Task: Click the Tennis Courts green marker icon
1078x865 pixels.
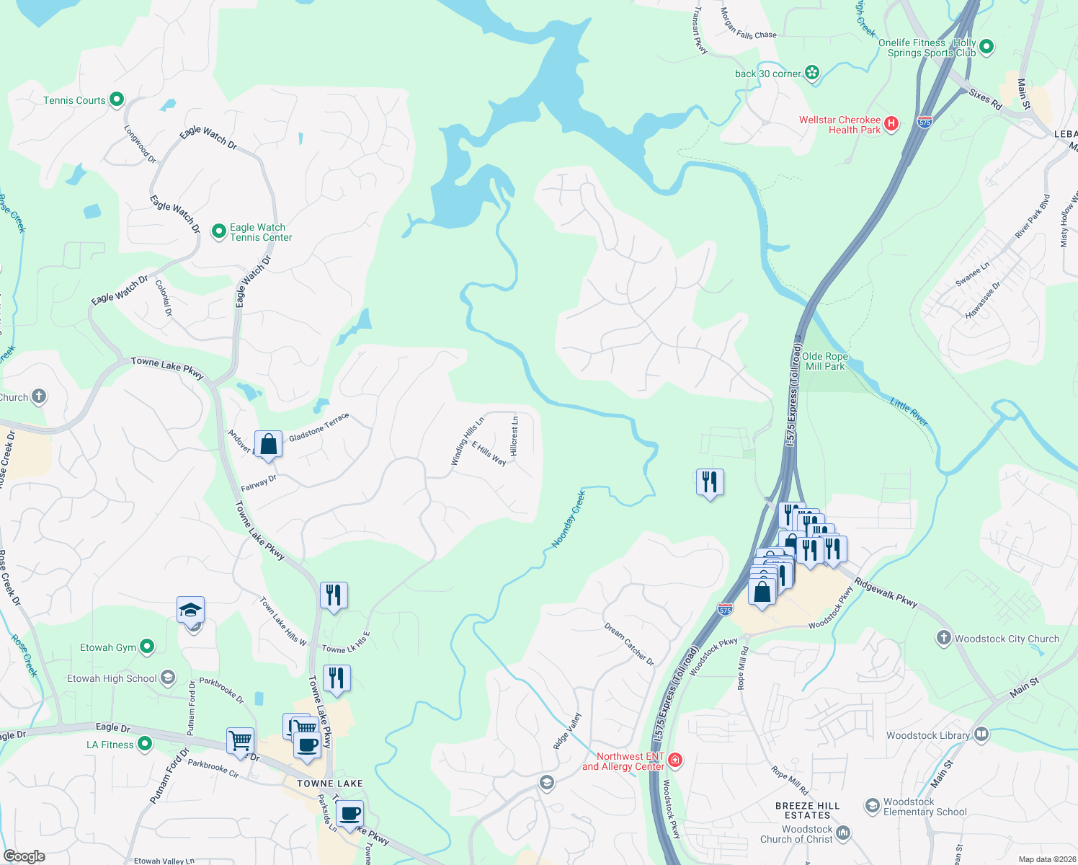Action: pos(117,100)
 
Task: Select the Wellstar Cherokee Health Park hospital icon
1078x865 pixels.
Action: pos(891,124)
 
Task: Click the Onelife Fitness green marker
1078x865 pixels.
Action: pos(986,47)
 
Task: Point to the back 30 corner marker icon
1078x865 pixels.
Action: pos(813,72)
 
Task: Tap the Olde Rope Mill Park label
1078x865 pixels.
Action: pos(824,361)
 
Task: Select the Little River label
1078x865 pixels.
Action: pos(909,412)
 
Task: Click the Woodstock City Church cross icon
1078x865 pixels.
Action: pos(944,638)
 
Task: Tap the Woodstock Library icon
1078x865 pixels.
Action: pos(981,735)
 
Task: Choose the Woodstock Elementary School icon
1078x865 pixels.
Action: pos(873,804)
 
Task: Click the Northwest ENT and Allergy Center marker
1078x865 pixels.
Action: pos(675,760)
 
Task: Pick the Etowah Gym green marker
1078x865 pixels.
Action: pos(147,647)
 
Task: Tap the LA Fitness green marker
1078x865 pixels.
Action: pos(145,743)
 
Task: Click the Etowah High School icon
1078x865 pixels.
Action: pos(168,678)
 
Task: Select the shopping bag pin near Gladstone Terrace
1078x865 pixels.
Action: pos(268,444)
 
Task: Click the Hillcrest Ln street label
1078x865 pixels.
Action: pos(514,435)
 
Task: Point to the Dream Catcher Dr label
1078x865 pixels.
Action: pos(629,644)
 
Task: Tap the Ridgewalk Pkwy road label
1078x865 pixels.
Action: pos(886,593)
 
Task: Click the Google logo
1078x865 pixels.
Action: pos(24,856)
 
